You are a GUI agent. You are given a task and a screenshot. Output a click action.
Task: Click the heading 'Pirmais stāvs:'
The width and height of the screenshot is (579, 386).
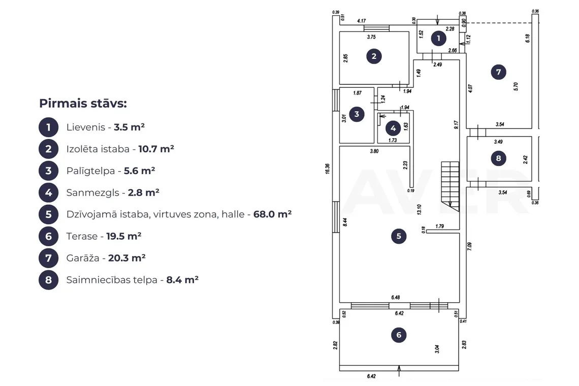(83, 104)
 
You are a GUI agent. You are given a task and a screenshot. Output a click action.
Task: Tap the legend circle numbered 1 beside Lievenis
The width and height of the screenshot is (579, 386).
(48, 127)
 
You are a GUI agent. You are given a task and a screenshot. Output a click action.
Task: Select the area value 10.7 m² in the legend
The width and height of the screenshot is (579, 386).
(156, 149)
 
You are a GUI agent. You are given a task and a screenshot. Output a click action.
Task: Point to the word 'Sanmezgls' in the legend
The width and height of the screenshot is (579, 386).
(92, 193)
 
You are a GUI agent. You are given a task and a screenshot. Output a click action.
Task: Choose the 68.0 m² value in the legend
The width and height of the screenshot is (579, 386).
(273, 214)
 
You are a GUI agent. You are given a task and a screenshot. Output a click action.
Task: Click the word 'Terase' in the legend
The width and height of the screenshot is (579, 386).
(82, 236)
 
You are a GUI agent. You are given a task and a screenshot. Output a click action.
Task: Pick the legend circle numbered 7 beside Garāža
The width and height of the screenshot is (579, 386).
(48, 258)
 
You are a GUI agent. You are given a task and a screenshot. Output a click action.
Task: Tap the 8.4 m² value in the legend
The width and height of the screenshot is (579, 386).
(182, 280)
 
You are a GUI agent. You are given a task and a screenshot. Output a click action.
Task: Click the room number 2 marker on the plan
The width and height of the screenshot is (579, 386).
(374, 56)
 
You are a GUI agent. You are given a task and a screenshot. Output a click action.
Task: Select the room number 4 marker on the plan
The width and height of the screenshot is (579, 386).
(393, 128)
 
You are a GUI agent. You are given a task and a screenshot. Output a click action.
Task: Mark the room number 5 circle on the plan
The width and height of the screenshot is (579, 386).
(399, 236)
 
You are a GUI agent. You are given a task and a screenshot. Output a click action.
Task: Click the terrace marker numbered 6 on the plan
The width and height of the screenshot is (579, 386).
(399, 335)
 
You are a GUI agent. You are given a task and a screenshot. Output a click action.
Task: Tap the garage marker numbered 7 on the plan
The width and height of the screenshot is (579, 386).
(499, 72)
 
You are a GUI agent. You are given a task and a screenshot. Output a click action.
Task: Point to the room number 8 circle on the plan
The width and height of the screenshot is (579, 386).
(499, 158)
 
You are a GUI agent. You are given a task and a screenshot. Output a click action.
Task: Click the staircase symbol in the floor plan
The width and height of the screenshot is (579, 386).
(450, 186)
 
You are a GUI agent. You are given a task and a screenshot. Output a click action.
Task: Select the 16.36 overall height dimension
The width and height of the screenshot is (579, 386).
(328, 169)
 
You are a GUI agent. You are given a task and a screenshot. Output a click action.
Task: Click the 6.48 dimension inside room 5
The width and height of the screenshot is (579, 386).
(396, 297)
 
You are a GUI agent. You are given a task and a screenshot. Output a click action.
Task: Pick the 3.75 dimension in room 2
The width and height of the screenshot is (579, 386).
(371, 37)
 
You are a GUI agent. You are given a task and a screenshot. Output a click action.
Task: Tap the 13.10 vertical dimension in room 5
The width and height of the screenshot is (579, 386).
(419, 210)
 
